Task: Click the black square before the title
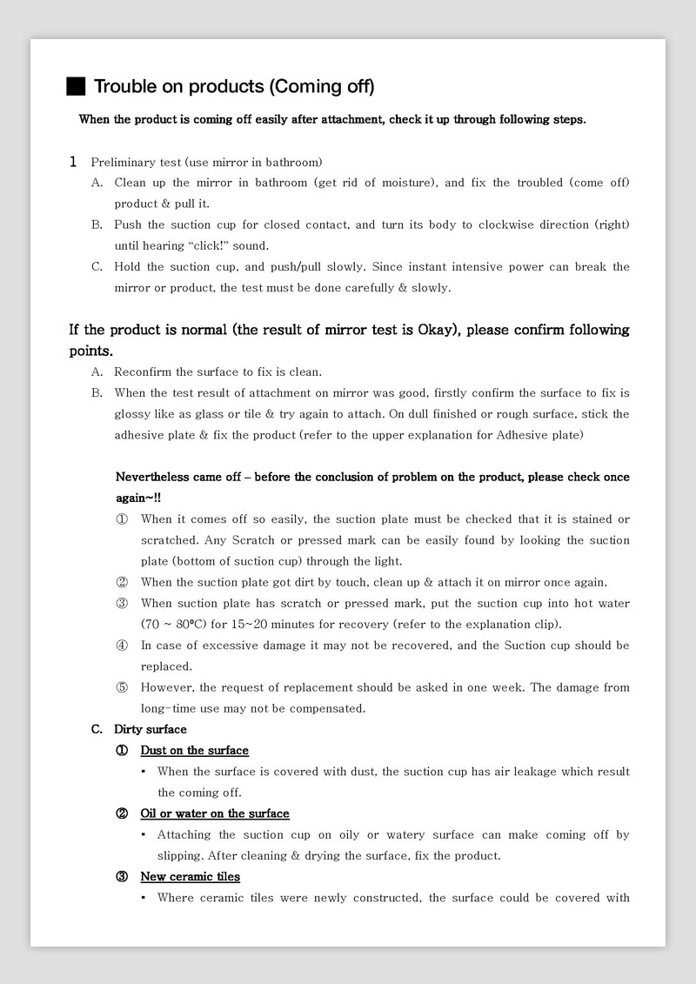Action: pyautogui.click(x=76, y=86)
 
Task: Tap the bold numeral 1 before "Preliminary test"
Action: pyautogui.click(x=74, y=162)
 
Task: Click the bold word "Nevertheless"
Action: pyautogui.click(x=152, y=477)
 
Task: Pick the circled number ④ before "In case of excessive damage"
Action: pyautogui.click(x=122, y=646)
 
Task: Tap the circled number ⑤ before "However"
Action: pyautogui.click(x=122, y=687)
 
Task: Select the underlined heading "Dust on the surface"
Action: pyautogui.click(x=194, y=750)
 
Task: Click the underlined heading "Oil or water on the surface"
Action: pyautogui.click(x=215, y=813)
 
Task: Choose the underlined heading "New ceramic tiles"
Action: pyautogui.click(x=190, y=876)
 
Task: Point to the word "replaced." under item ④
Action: pyautogui.click(x=166, y=666)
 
